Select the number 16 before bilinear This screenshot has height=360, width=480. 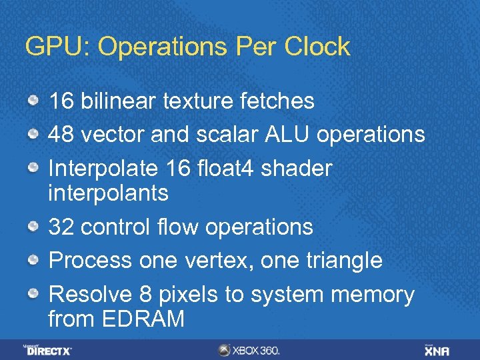pos(61,101)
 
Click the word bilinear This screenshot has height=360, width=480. pos(117,101)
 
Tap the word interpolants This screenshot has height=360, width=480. pos(108,193)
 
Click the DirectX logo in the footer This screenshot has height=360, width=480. pos(49,349)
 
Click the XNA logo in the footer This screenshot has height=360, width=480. pos(437,349)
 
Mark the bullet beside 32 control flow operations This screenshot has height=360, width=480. pos(33,227)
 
